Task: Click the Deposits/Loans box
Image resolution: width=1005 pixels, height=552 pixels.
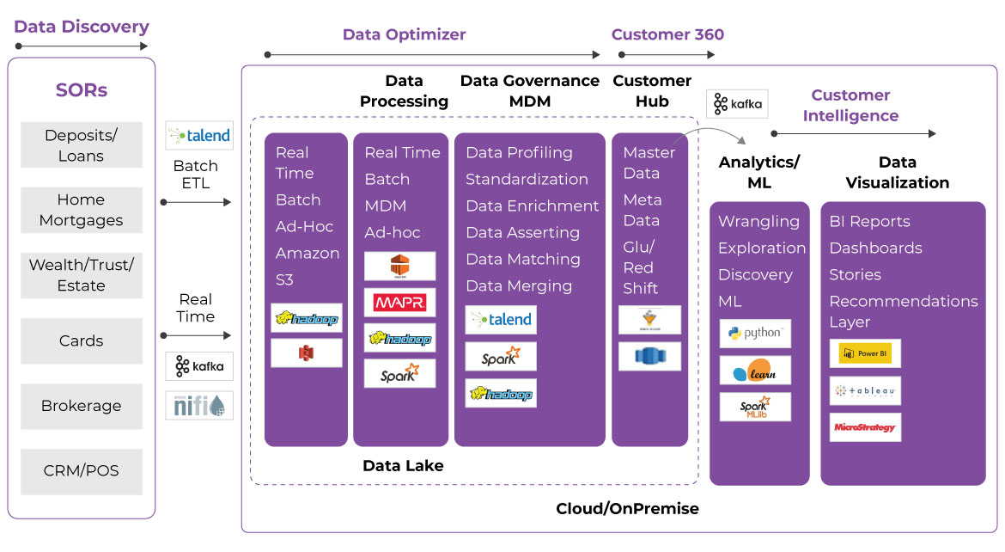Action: point(82,145)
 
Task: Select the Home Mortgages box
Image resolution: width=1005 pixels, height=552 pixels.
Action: point(82,210)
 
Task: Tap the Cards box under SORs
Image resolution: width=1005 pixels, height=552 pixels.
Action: point(82,340)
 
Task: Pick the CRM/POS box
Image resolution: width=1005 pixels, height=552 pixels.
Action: point(82,471)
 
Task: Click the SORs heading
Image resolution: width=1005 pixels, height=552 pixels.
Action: point(82,90)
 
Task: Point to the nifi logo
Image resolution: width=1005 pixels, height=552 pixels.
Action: point(199,405)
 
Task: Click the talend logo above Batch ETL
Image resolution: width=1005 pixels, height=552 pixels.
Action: point(199,135)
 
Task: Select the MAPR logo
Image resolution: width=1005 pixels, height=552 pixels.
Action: point(399,303)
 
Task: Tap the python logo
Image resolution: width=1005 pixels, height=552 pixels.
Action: point(755,334)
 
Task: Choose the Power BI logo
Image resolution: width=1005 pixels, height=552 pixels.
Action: point(865,353)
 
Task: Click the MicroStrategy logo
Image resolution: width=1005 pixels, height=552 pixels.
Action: point(865,427)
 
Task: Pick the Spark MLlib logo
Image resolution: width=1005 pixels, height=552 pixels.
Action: point(755,408)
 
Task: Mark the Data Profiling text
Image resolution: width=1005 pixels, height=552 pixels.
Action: point(519,152)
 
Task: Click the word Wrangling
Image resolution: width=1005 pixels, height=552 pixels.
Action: point(758,221)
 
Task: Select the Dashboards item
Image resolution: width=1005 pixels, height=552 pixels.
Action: point(875,248)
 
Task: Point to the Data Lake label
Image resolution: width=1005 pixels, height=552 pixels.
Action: point(403,466)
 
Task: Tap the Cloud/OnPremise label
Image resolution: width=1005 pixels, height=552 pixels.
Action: point(627,508)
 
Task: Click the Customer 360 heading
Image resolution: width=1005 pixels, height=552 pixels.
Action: point(667,34)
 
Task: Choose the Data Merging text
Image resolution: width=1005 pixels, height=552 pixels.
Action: point(519,285)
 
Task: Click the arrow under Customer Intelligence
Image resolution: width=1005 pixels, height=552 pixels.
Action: point(854,133)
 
